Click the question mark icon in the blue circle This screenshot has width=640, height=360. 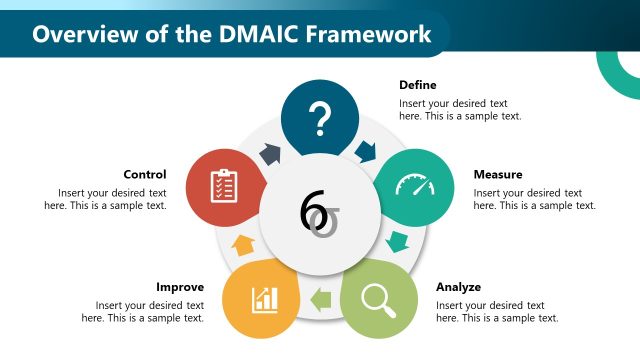point(320,119)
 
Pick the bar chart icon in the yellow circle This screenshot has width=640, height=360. point(265,298)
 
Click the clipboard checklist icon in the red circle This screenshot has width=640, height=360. point(224,186)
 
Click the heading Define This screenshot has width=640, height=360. point(418,85)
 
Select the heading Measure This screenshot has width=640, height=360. point(498,175)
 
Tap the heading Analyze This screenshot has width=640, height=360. point(459,287)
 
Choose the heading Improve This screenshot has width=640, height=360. point(181,287)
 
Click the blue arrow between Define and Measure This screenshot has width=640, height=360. point(364,150)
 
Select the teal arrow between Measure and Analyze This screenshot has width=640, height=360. point(398,241)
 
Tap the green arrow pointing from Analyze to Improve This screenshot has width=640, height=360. point(321,297)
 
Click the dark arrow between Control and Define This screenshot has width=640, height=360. point(271,153)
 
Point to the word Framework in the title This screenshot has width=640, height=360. point(364,34)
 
